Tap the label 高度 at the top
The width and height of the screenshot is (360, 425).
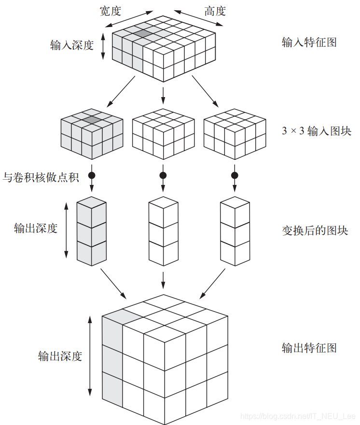click(x=215, y=11)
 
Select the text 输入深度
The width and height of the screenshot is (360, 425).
click(x=71, y=46)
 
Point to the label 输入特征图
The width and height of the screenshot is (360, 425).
click(x=309, y=42)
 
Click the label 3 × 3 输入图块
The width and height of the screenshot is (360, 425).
click(x=316, y=131)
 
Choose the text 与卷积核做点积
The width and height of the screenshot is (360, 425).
click(x=41, y=177)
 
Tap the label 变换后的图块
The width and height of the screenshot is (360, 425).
click(x=315, y=230)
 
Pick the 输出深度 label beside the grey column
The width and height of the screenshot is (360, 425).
click(x=36, y=228)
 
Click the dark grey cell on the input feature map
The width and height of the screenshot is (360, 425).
click(x=143, y=33)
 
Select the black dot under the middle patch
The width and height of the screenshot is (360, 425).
click(x=163, y=175)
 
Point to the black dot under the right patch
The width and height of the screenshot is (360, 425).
click(x=235, y=175)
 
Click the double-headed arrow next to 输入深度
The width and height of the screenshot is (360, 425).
click(x=102, y=46)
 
